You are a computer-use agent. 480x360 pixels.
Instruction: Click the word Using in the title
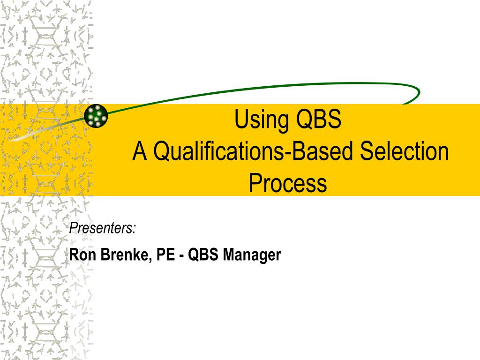pyautogui.click(x=262, y=121)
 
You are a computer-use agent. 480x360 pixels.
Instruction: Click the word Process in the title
pyautogui.click(x=287, y=183)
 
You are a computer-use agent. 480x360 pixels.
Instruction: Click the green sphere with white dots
pyautogui.click(x=97, y=115)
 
